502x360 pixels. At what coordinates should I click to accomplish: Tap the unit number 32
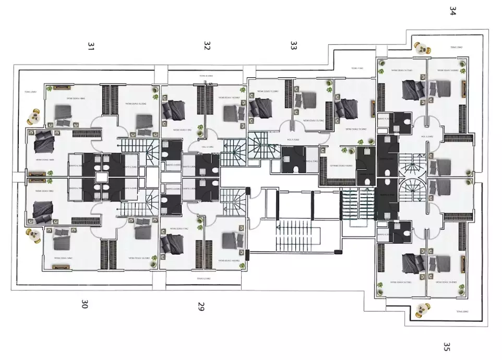[x=207, y=46]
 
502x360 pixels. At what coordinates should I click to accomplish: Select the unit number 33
[x=293, y=46]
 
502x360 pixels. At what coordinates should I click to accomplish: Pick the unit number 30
[x=85, y=304]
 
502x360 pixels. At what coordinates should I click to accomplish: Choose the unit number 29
[x=201, y=306]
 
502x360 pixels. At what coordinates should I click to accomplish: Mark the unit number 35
[x=446, y=347]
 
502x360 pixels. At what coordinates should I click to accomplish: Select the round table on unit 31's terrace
[x=35, y=117]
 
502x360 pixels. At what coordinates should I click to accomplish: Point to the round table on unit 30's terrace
[x=35, y=236]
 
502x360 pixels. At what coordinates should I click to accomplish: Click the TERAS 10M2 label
[x=357, y=68]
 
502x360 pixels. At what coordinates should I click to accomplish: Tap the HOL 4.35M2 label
[x=294, y=140]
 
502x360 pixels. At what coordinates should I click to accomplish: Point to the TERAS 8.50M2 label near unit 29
[x=204, y=279]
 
